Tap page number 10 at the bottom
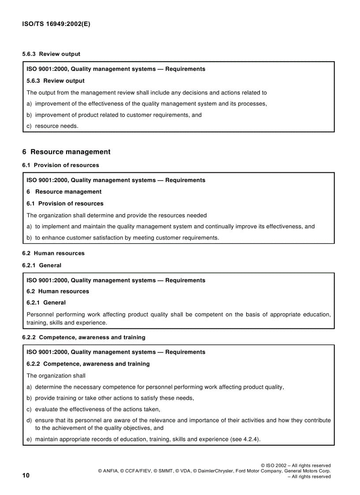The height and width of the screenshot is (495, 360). (x=26, y=475)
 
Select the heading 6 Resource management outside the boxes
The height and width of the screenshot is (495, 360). (x=66, y=152)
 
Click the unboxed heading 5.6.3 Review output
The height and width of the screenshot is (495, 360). (x=51, y=54)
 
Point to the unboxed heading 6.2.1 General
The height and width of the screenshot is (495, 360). (x=42, y=265)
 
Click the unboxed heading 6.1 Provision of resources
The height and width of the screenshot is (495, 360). (x=60, y=165)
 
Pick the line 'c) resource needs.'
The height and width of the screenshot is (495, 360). (x=52, y=126)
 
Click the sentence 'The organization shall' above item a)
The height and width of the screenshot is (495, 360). (x=56, y=376)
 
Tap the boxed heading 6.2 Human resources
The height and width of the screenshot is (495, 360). (x=58, y=291)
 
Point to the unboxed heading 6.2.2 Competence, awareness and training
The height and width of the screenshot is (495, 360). (x=83, y=337)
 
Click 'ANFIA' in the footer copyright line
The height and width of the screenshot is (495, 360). (x=111, y=471)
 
